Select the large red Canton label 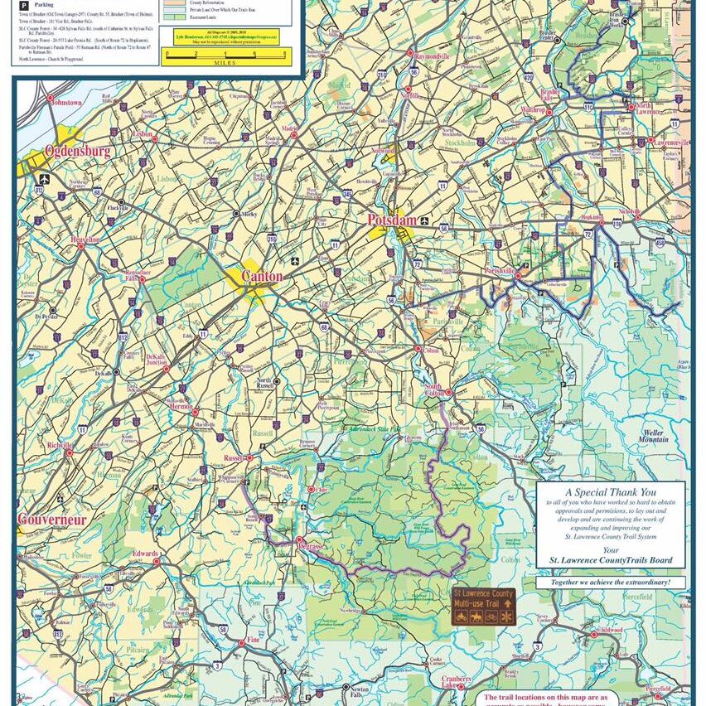pos(262,276)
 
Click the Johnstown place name pos(65,103)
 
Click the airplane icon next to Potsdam pos(425,221)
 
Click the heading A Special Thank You pos(612,491)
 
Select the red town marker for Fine pos(242,642)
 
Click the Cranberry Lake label pos(456,681)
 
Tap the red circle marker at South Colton pos(448,393)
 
